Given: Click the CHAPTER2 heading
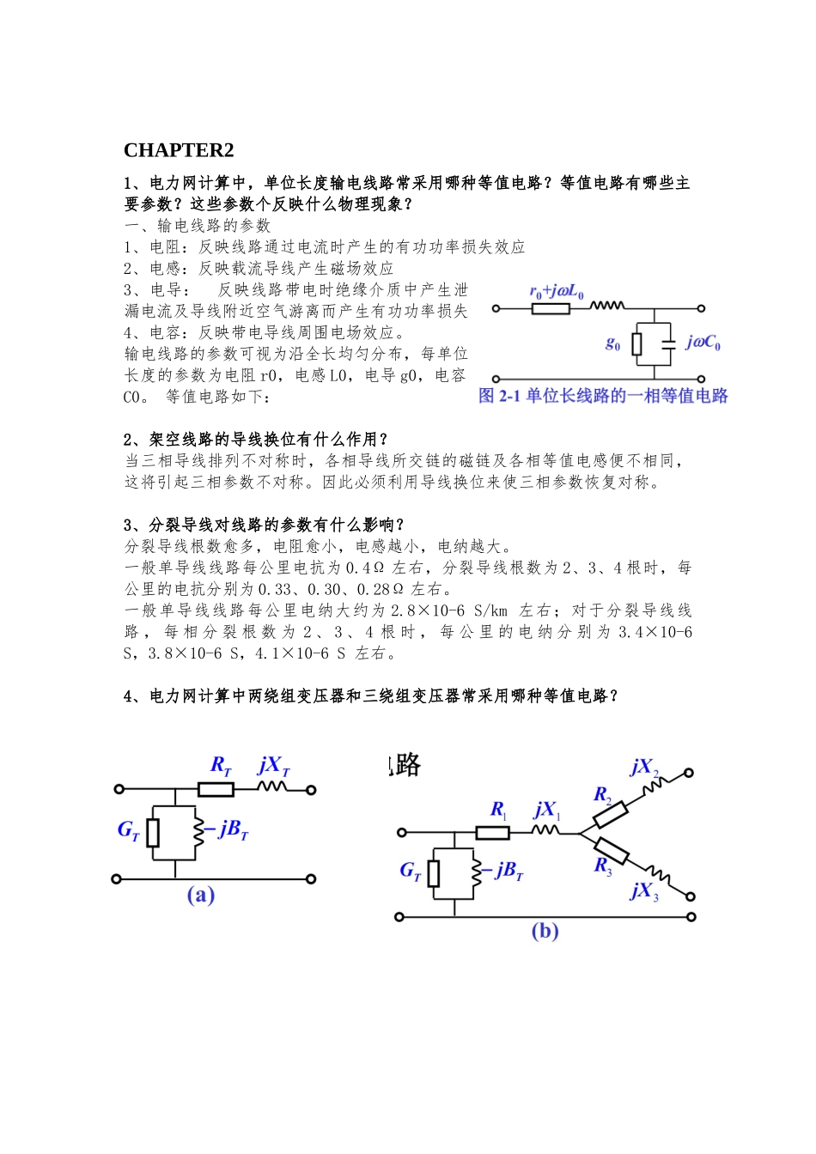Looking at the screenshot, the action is (179, 150).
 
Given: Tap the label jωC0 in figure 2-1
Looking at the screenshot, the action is (703, 343).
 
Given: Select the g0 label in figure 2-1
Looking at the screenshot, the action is (612, 343).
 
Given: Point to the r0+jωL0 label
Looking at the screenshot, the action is (556, 292).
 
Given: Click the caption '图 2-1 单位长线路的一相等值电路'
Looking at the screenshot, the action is (603, 396).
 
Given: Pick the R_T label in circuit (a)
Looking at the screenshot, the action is (221, 765).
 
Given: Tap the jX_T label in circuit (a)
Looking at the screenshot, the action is (274, 765).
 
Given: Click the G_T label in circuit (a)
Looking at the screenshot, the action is (128, 829).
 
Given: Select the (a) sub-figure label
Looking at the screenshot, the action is (201, 895).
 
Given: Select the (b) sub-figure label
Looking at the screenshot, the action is (545, 931).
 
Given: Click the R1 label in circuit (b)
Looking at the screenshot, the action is (498, 810).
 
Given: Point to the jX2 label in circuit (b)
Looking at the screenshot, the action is (644, 767).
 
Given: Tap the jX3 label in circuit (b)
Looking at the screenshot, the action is (644, 890).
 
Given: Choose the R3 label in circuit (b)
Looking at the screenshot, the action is (603, 865).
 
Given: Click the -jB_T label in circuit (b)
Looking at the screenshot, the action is (507, 871).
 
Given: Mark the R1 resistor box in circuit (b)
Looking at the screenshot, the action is (492, 832).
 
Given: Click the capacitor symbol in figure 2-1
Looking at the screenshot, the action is (669, 344).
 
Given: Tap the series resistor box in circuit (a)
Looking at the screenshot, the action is (216, 789).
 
